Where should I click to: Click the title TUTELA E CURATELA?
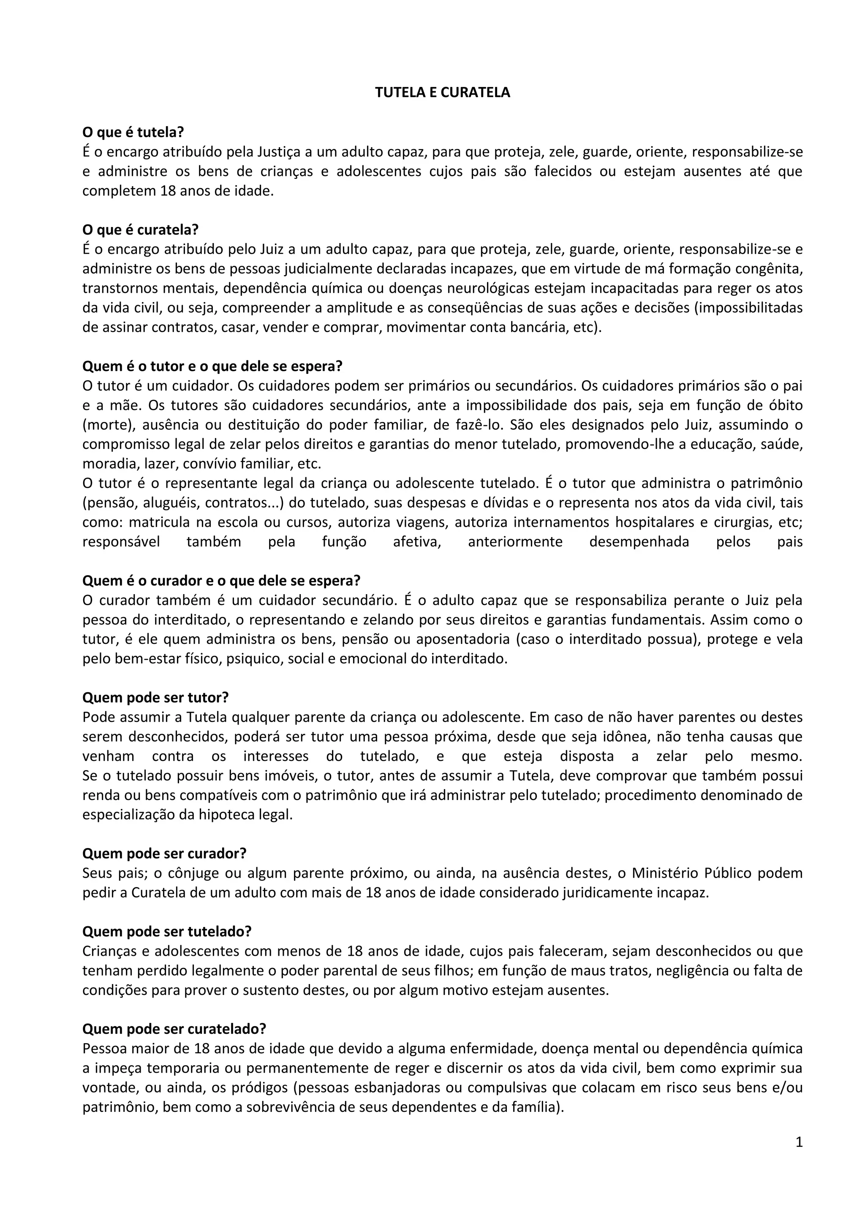[x=442, y=92]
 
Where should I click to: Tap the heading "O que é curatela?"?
[x=140, y=230]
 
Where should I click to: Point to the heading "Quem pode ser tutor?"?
[x=155, y=697]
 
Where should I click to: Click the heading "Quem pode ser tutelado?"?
[x=167, y=931]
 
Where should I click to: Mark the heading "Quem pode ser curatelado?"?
[x=174, y=1029]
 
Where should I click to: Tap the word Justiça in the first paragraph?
[x=280, y=152]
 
